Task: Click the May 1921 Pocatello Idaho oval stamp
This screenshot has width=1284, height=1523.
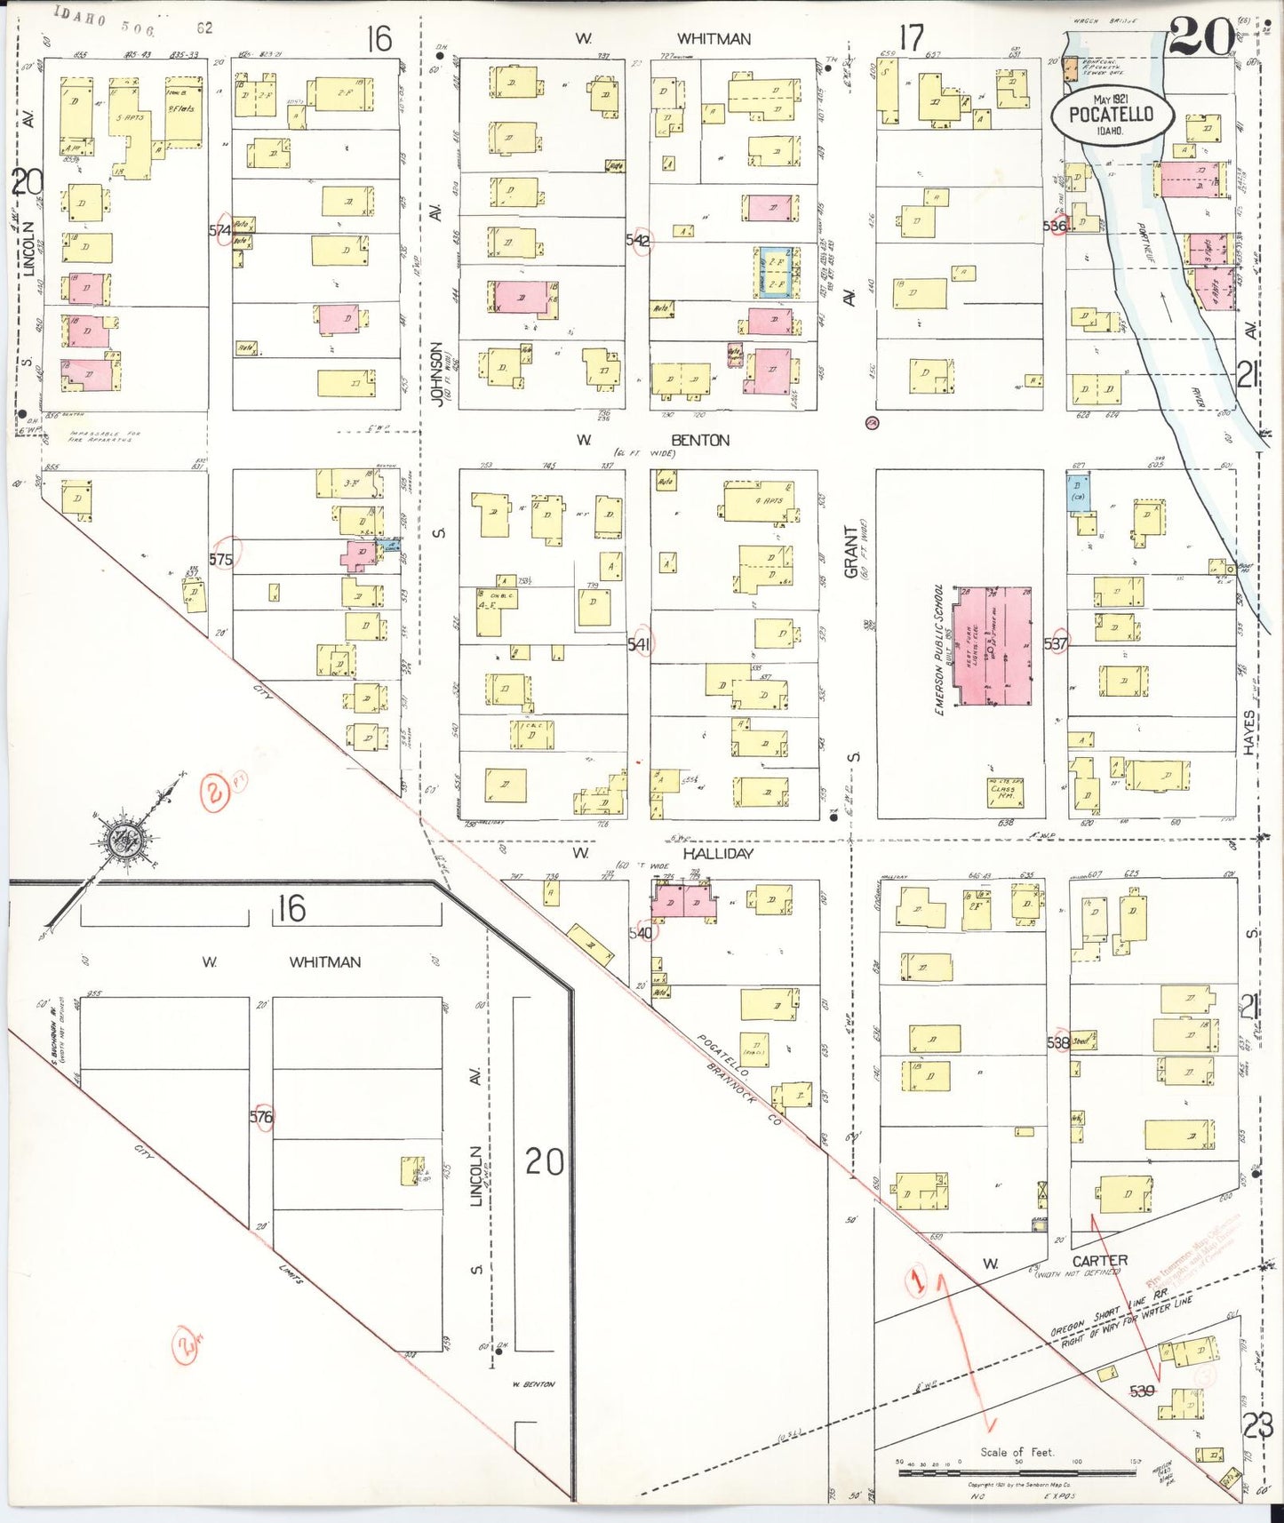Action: point(1112,115)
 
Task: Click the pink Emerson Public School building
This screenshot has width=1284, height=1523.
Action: point(993,645)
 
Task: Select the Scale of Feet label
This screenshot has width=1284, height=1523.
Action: point(1017,1452)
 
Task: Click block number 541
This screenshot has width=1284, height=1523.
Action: point(639,643)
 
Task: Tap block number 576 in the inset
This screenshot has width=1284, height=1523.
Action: point(261,1117)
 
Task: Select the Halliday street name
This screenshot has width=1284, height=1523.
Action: point(718,853)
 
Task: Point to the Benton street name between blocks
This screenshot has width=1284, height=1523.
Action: point(700,440)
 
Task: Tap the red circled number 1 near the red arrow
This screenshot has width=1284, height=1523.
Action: point(918,1280)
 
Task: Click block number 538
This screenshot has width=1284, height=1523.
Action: point(1057,1042)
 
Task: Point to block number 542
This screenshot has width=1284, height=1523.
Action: point(638,240)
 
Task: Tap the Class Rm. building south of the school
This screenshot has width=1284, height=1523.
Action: point(1005,790)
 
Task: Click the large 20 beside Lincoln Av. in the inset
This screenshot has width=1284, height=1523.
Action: point(543,1161)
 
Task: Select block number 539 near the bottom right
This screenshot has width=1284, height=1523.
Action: point(1142,1391)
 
